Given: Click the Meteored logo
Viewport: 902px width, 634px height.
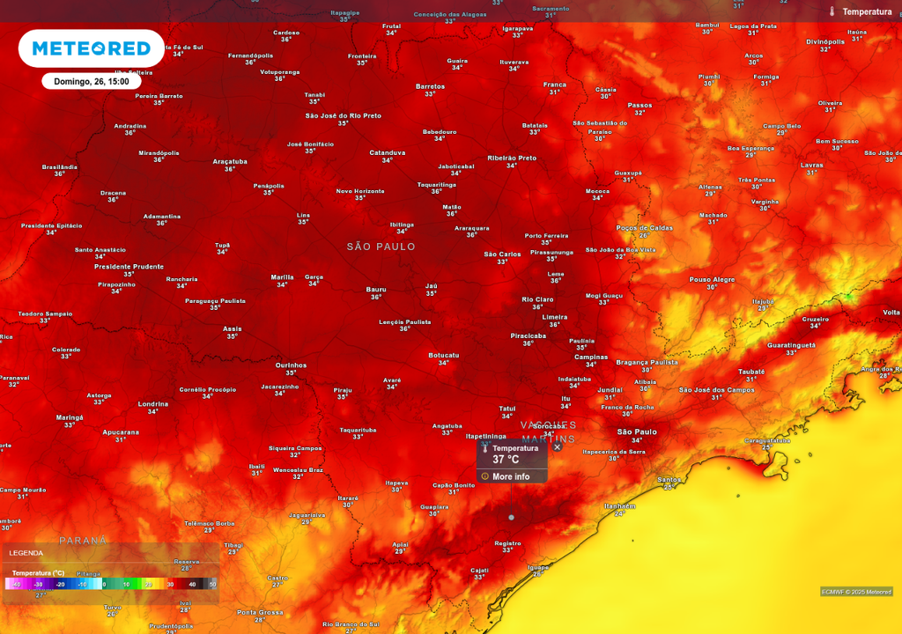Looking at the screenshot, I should [91, 48].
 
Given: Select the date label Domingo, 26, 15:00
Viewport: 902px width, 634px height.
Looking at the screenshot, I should [91, 81].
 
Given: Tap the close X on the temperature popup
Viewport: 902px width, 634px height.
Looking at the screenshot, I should [557, 447].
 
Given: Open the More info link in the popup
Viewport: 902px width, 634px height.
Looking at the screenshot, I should [511, 476].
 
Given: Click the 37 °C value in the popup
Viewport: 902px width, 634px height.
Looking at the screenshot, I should [506, 460].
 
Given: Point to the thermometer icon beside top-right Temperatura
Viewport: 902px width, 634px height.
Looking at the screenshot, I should [832, 11].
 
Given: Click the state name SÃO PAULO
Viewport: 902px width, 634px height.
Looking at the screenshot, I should [381, 247].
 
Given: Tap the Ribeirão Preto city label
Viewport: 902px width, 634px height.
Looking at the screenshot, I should [512, 158].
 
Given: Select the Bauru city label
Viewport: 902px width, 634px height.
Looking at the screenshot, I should [376, 290].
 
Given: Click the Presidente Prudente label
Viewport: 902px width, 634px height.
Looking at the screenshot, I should [129, 266].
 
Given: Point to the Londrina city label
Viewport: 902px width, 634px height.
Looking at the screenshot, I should [153, 404].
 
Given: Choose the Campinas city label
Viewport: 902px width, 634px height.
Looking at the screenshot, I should [591, 358].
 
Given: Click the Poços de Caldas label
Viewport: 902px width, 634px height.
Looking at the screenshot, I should [644, 228].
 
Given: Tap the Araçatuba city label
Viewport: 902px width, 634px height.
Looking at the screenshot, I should [230, 162].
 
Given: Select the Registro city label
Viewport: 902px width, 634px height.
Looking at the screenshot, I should [508, 543].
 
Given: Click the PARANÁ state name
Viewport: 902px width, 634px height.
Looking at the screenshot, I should [83, 540].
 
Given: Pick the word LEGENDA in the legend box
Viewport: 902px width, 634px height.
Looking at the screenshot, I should [26, 553].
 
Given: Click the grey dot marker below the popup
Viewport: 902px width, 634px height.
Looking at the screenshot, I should [511, 517].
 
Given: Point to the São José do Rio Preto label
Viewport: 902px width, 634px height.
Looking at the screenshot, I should [343, 116].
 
